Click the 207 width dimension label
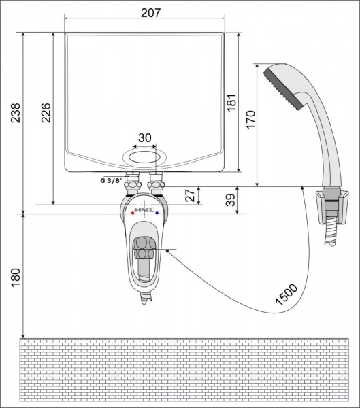click(x=151, y=12)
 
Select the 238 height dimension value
click(x=15, y=113)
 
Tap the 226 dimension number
click(x=46, y=113)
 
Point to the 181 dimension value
click(x=231, y=103)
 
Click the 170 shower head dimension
click(x=250, y=120)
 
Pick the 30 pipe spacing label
click(x=144, y=138)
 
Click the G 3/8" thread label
click(x=111, y=180)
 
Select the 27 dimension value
click(x=190, y=195)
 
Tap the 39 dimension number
click(x=231, y=200)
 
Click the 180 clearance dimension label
click(x=16, y=277)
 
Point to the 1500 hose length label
click(x=287, y=294)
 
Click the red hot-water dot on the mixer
click(x=133, y=214)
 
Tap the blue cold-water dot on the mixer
click(x=157, y=213)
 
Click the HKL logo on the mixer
click(x=144, y=210)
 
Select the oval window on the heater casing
click(x=144, y=158)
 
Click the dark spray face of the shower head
click(x=284, y=88)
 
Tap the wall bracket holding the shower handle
click(x=331, y=207)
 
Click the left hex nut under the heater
click(x=133, y=186)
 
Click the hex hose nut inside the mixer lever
click(x=144, y=248)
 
